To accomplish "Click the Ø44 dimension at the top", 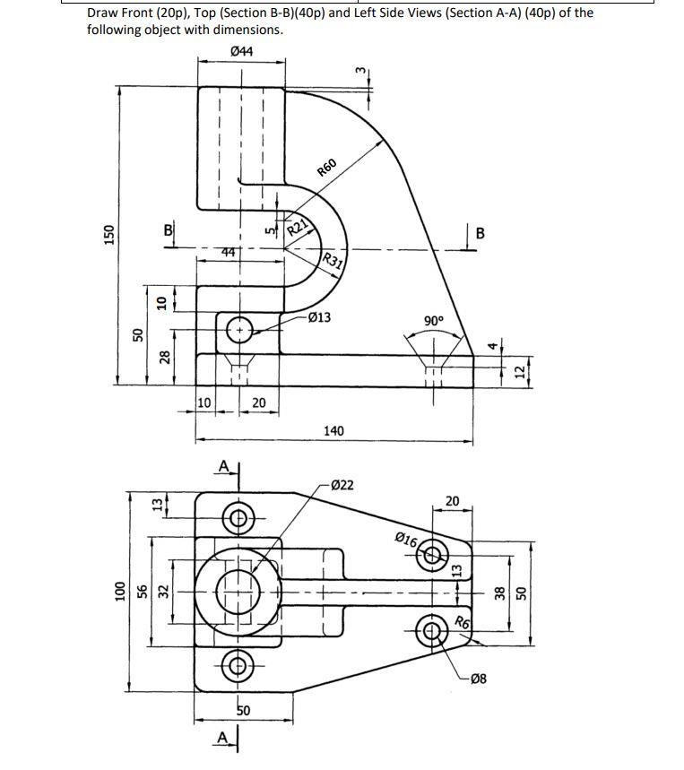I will [x=241, y=52].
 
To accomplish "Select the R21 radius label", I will [x=298, y=225].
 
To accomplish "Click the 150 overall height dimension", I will [x=108, y=233].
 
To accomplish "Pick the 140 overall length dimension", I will [x=333, y=431].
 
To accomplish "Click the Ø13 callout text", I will [x=318, y=317].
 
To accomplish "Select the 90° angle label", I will [x=434, y=321].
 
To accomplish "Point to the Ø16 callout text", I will [x=406, y=540].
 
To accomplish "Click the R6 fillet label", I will [x=462, y=623].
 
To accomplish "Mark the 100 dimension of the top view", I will [x=116, y=591].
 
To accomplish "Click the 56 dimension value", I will [x=140, y=591].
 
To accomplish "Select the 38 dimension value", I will [x=500, y=592].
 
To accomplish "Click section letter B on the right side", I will [x=481, y=235].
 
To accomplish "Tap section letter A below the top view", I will [x=221, y=737].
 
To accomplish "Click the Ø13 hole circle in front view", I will [x=240, y=329].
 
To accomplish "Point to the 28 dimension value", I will [x=164, y=358].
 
